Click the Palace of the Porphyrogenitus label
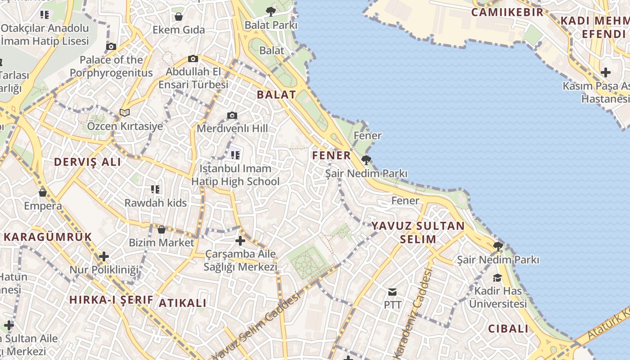click(111, 66)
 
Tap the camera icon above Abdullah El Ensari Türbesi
click(193, 58)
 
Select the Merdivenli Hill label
click(232, 128)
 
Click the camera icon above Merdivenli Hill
click(232, 116)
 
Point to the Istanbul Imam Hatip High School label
click(235, 175)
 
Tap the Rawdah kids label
click(155, 203)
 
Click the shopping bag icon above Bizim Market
click(162, 230)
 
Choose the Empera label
click(43, 206)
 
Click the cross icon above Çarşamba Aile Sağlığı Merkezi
click(240, 241)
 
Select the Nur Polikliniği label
click(104, 270)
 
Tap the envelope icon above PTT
click(392, 292)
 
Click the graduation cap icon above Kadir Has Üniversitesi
click(497, 278)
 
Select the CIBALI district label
click(508, 328)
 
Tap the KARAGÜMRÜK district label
click(48, 237)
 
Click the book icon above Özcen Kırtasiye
click(125, 112)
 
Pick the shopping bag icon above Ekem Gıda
click(179, 17)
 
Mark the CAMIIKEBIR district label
click(507, 12)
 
